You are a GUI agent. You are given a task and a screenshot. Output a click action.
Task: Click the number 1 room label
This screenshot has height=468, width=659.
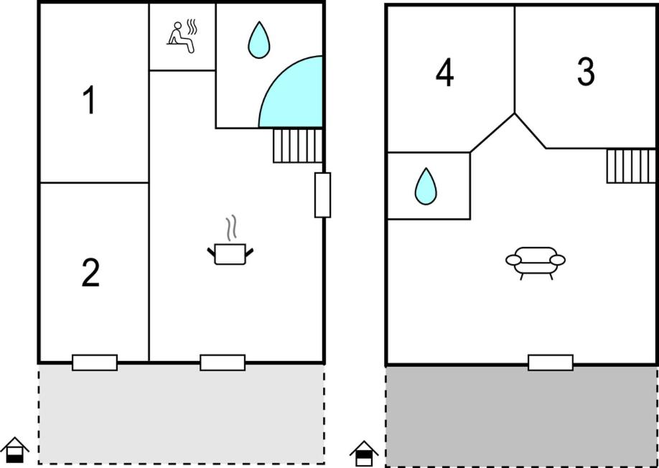pyautogui.click(x=90, y=100)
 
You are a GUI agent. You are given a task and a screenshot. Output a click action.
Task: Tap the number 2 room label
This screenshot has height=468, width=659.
pyautogui.click(x=90, y=273)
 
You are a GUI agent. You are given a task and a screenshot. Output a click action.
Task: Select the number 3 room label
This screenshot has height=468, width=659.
pyautogui.click(x=586, y=72)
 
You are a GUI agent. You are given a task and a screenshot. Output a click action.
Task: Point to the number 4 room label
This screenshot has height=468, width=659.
pyautogui.click(x=444, y=74)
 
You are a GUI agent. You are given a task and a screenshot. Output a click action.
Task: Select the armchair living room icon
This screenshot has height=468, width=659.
pyautogui.click(x=535, y=263)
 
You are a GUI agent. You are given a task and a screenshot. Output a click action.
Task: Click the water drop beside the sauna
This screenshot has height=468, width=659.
pyautogui.click(x=258, y=40)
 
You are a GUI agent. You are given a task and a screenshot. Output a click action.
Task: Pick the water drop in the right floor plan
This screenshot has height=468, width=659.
pyautogui.click(x=425, y=186)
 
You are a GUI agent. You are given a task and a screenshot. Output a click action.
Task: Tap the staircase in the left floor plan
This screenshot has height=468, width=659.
pyautogui.click(x=298, y=146)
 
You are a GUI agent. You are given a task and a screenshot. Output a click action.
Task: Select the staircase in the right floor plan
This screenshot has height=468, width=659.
pyautogui.click(x=631, y=166)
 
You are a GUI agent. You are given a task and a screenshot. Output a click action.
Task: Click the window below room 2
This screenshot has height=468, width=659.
pyautogui.click(x=95, y=362)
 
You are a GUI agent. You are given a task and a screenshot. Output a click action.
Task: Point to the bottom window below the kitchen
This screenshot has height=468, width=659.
pyautogui.click(x=223, y=362)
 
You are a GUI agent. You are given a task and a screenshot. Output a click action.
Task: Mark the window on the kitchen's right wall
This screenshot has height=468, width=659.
pyautogui.click(x=322, y=195)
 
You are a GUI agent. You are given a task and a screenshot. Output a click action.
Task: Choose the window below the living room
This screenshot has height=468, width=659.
pyautogui.click(x=550, y=362)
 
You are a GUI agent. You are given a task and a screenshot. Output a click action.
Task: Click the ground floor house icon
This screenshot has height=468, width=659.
pyautogui.click(x=14, y=450)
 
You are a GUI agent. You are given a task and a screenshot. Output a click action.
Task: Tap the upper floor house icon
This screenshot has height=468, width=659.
pyautogui.click(x=364, y=454)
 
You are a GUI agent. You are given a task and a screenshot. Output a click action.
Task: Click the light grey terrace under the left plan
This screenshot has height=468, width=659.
pyautogui.click(x=181, y=413)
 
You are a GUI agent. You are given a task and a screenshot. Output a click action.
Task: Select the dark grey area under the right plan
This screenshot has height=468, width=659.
pyautogui.click(x=521, y=416)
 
